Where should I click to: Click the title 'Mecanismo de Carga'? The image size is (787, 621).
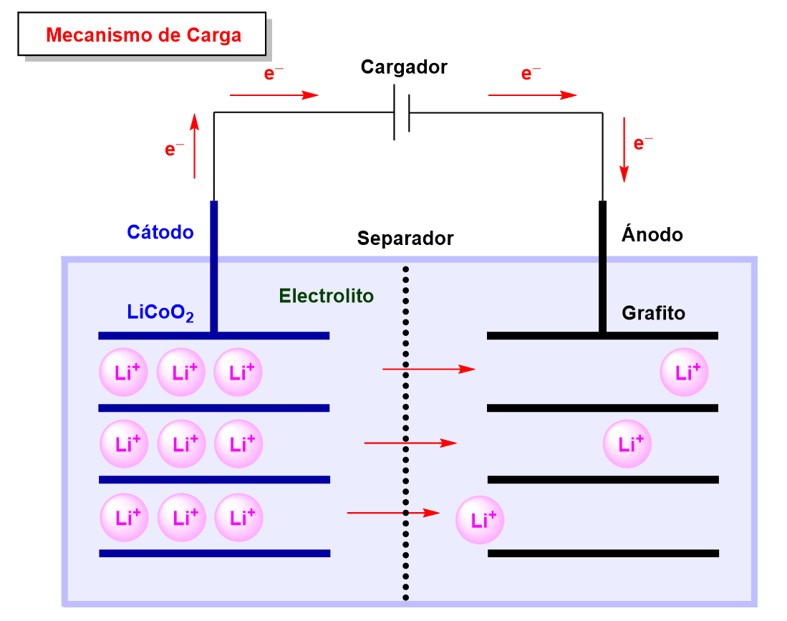(x=143, y=34)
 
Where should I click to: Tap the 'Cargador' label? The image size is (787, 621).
(x=404, y=67)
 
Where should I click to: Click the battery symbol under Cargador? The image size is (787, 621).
(x=402, y=112)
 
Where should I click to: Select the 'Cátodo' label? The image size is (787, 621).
(x=160, y=232)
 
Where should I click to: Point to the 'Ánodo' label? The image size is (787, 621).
(x=652, y=234)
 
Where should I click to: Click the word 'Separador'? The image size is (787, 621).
(x=405, y=239)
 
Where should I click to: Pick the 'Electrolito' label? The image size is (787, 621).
(x=327, y=296)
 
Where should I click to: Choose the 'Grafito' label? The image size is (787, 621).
(x=653, y=313)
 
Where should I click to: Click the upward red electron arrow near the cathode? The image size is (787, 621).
(x=194, y=148)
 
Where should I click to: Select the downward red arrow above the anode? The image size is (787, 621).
(x=624, y=149)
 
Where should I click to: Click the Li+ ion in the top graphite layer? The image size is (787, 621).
(x=685, y=372)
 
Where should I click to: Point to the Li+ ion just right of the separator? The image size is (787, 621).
(x=480, y=521)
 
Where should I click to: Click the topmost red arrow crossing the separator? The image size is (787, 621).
(x=429, y=369)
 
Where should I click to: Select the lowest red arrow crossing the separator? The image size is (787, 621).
(x=392, y=513)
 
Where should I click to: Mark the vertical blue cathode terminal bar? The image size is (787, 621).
(x=213, y=266)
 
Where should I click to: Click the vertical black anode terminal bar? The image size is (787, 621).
(x=602, y=266)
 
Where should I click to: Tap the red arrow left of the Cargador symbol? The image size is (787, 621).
(x=274, y=95)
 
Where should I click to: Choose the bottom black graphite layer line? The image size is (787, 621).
(x=603, y=553)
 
